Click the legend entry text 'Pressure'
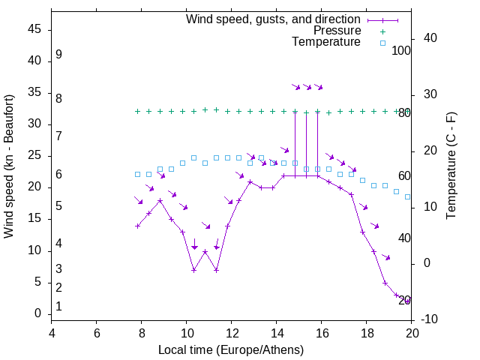(x=337, y=31)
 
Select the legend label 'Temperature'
(x=326, y=42)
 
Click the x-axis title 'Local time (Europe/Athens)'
(x=231, y=350)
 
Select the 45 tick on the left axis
(x=34, y=29)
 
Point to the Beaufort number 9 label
(x=58, y=55)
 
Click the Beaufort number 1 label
(x=58, y=307)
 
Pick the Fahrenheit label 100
(x=401, y=51)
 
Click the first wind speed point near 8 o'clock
(x=137, y=226)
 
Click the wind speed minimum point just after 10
(x=193, y=270)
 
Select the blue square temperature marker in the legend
(x=382, y=43)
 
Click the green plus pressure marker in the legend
(x=382, y=31)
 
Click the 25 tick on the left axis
(x=34, y=156)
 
